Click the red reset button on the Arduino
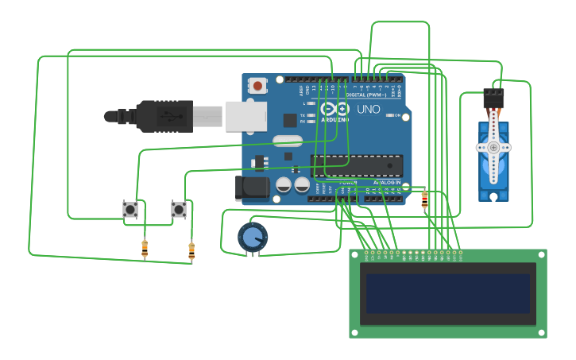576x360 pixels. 258,85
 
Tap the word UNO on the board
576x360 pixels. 368,109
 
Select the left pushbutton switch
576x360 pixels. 130,210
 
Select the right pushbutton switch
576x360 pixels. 179,210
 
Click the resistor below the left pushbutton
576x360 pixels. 145,249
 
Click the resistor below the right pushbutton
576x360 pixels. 191,251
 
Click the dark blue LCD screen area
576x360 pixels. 448,293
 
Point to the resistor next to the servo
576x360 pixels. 424,199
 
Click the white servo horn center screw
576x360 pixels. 493,147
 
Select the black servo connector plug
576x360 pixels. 493,99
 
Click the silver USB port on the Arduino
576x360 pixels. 245,116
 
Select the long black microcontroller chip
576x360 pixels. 357,165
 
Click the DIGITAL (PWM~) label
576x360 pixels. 366,95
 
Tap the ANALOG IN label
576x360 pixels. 387,182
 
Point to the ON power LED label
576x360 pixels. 396,115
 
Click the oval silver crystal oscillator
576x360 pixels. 287,141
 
